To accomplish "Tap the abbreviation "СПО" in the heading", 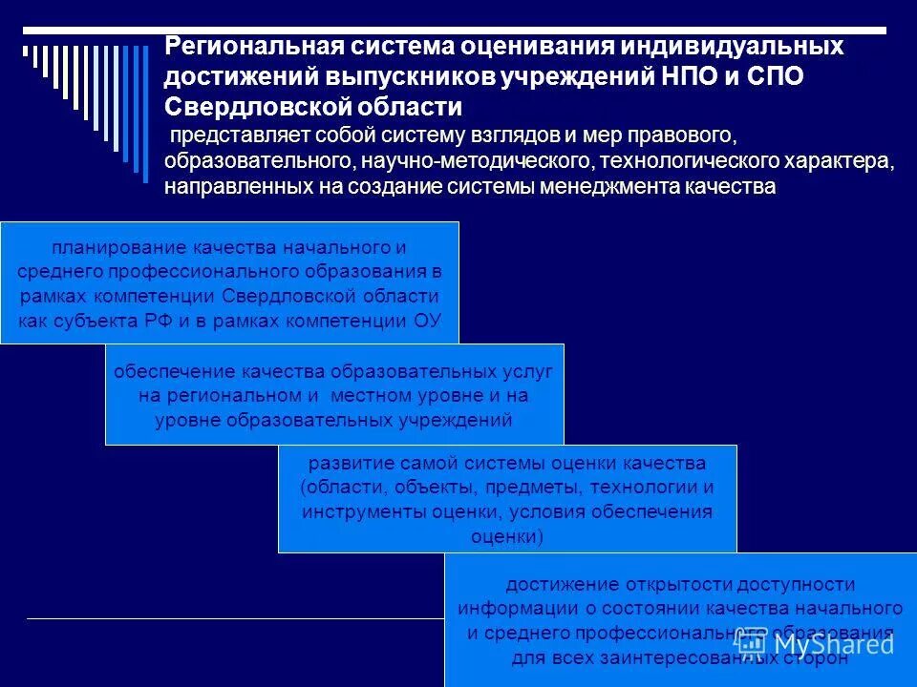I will (774, 76).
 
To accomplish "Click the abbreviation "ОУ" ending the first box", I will (427, 320).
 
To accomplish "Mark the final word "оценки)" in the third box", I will (507, 536).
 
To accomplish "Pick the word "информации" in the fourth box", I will (509, 608).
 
